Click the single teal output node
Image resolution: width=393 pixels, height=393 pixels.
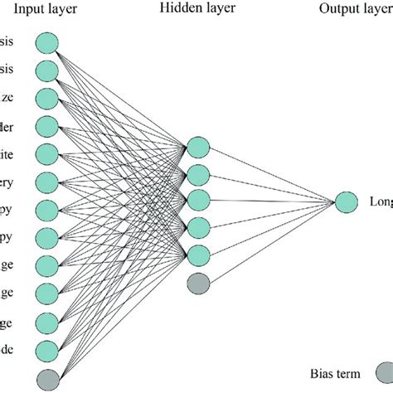[347, 201]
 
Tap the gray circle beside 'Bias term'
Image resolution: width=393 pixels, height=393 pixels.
[383, 374]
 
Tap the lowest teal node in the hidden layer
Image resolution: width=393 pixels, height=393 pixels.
[197, 255]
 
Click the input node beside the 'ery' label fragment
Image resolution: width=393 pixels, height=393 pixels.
[48, 182]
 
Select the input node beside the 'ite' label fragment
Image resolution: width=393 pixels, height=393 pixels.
[48, 153]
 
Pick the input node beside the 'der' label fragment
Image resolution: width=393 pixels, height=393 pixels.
[48, 126]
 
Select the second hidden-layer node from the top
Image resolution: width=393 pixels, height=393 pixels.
[197, 175]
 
